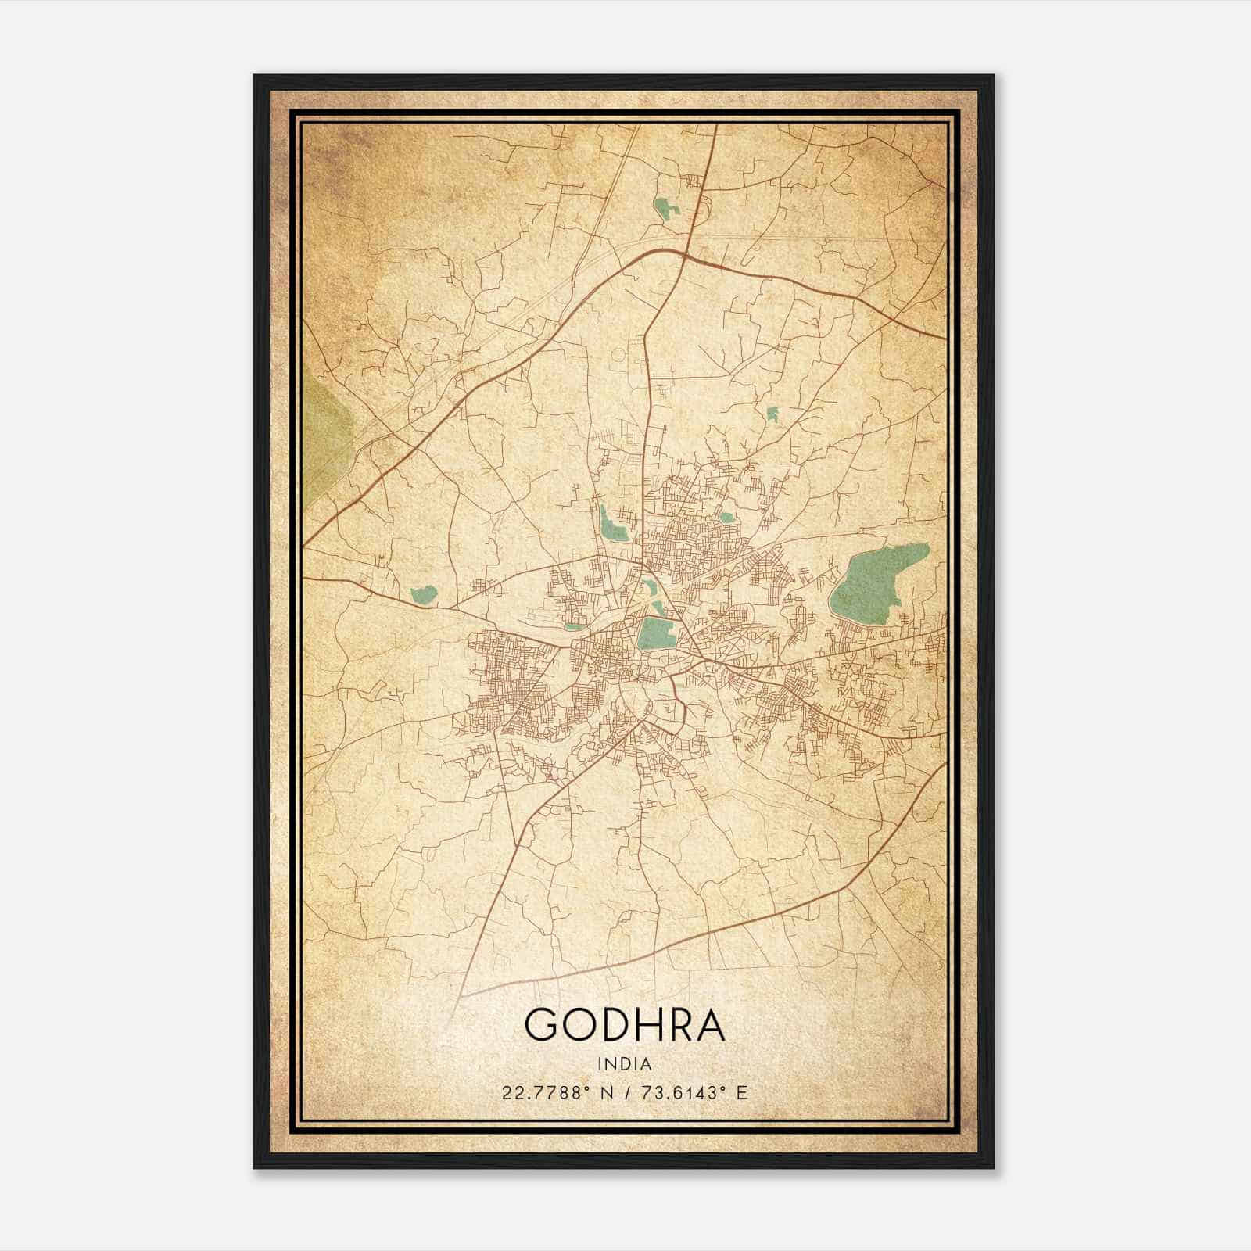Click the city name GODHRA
(625, 1024)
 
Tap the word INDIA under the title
(625, 1064)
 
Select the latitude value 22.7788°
(544, 1092)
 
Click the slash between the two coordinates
(625, 1092)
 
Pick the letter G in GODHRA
(541, 1024)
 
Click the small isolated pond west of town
(423, 595)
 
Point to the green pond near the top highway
(666, 210)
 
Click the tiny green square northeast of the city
(772, 414)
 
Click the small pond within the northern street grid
(727, 517)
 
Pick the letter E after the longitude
(743, 1092)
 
